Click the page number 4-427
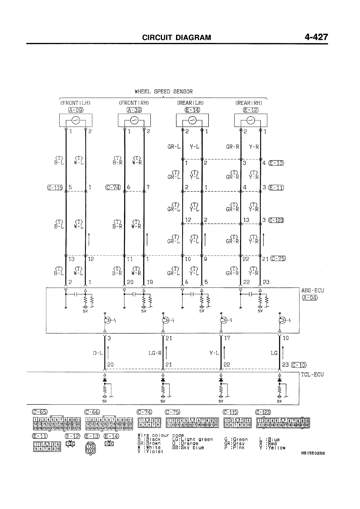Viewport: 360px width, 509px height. click(316, 37)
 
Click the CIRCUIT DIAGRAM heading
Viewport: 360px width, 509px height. click(177, 38)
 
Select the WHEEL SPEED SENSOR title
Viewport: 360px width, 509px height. click(164, 91)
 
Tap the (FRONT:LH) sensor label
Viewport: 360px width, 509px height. click(75, 103)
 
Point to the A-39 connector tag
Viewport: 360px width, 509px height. click(134, 110)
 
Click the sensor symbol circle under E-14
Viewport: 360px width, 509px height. click(192, 121)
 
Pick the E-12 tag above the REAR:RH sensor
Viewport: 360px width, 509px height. click(250, 110)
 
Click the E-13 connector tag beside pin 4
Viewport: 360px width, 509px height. click(276, 163)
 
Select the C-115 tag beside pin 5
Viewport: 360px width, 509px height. click(55, 187)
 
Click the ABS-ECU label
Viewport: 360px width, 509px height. click(313, 291)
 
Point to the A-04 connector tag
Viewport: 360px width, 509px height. click(309, 298)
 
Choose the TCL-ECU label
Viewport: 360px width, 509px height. click(313, 375)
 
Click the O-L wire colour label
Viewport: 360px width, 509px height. click(98, 353)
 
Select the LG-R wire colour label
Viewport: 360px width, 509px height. click(155, 353)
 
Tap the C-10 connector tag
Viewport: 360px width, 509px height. click(299, 365)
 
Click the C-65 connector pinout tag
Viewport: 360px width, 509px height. click(40, 412)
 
